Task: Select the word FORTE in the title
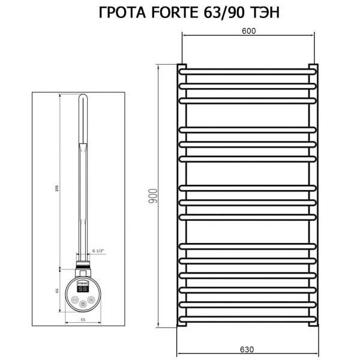click(179, 13)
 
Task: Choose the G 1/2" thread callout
click(99, 250)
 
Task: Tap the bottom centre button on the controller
click(83, 305)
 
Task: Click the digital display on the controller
click(83, 289)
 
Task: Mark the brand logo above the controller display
click(83, 281)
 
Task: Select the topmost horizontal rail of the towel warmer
click(247, 71)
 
